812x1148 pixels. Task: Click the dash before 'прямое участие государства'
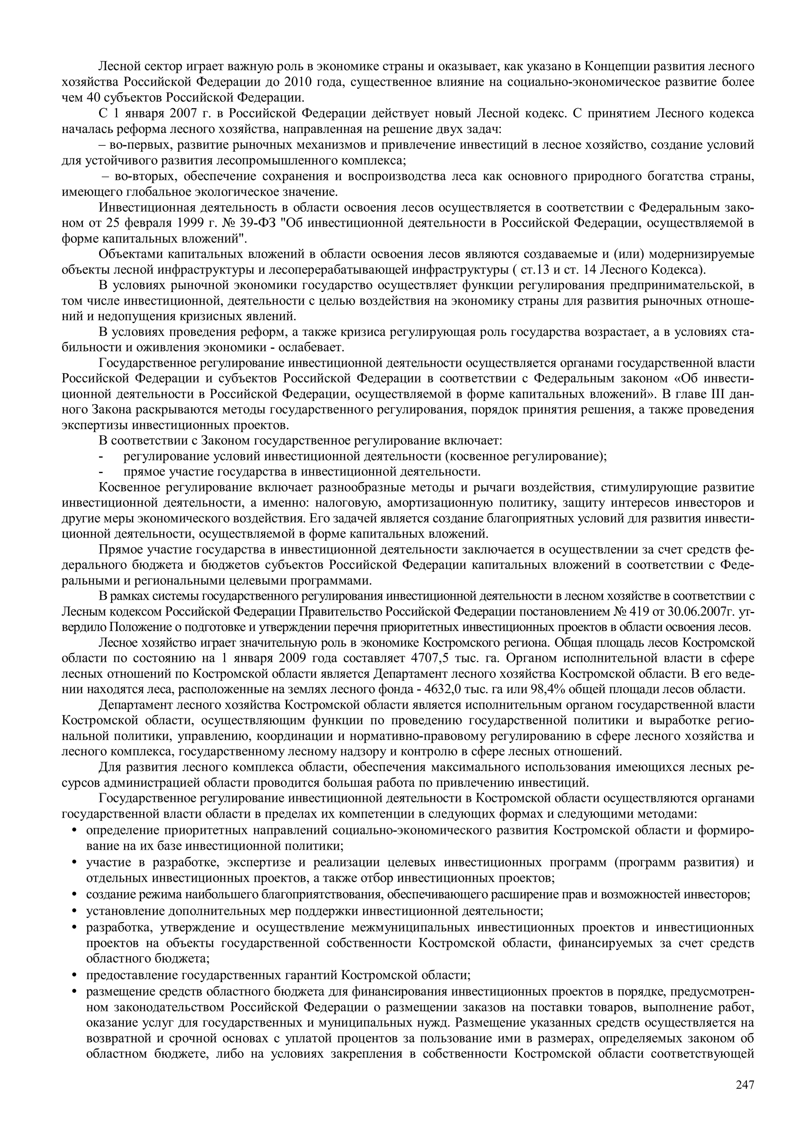(x=101, y=472)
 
